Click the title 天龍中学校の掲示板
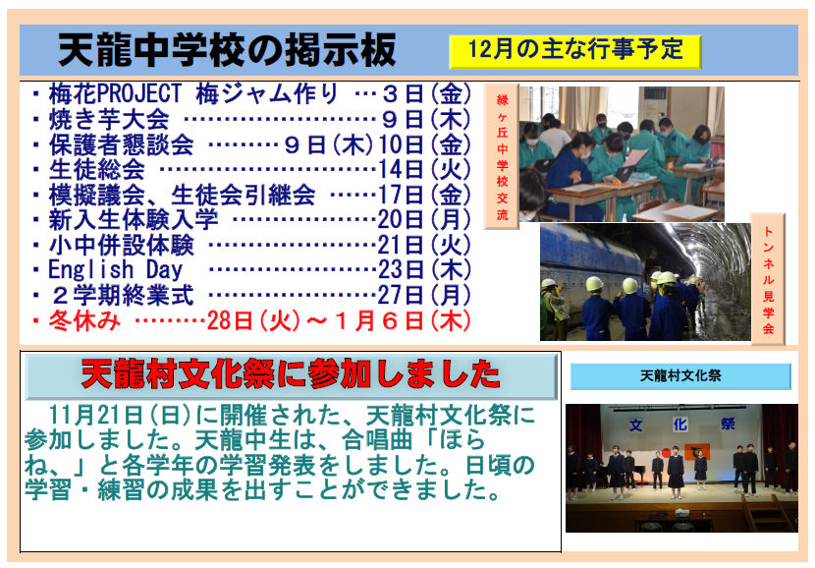point(227,50)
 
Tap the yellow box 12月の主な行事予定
point(574,51)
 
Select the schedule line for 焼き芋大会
point(251,120)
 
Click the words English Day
point(116,270)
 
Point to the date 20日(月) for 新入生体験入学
point(424,219)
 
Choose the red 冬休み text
point(84,320)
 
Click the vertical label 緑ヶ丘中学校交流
point(502,156)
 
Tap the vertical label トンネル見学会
point(768,279)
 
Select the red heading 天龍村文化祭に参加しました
point(291,374)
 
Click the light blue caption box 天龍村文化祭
point(680,376)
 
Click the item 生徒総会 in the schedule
point(96,169)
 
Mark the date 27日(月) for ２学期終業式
point(424,296)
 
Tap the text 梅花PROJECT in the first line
point(115,94)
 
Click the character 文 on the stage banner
point(635,426)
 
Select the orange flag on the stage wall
point(697,451)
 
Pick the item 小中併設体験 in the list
point(121,245)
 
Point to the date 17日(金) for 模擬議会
point(424,195)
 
